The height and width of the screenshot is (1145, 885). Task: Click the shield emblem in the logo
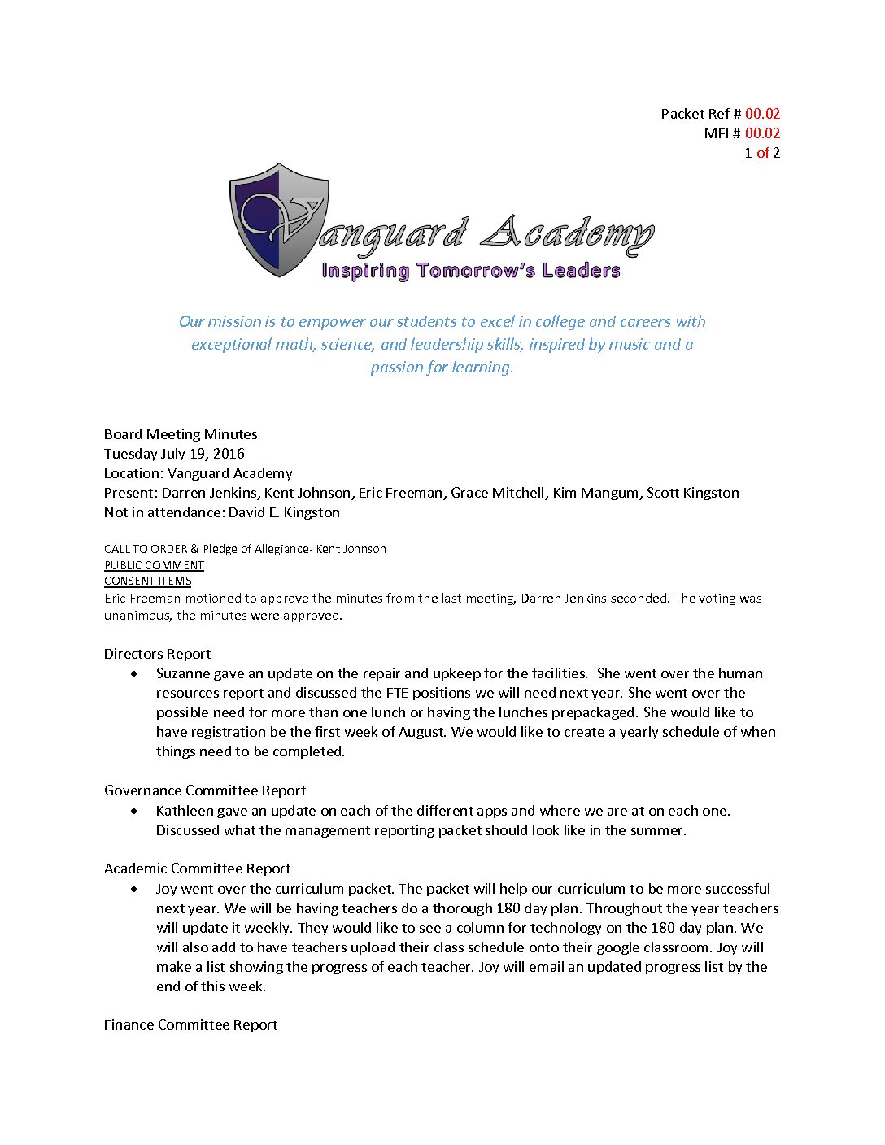(279, 220)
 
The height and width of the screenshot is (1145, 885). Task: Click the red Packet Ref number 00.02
(762, 114)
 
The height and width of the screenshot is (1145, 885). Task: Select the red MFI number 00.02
(762, 133)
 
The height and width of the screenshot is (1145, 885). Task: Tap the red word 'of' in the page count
(762, 153)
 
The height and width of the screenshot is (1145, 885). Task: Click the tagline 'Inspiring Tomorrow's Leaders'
(471, 271)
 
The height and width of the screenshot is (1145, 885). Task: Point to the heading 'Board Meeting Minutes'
(181, 434)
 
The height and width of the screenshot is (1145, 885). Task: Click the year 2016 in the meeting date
(229, 454)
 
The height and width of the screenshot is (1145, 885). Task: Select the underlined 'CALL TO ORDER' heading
(146, 549)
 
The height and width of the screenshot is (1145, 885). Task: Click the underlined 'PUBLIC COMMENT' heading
(154, 565)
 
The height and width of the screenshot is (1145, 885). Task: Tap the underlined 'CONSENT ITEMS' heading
(147, 581)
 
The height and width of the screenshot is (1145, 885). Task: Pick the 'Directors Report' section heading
(157, 654)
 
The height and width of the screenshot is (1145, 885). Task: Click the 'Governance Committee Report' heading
(205, 790)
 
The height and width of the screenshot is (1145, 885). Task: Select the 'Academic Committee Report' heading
(197, 869)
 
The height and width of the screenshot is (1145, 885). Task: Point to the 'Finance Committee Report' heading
(190, 1025)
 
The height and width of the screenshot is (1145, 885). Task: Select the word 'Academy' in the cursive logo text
(567, 234)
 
